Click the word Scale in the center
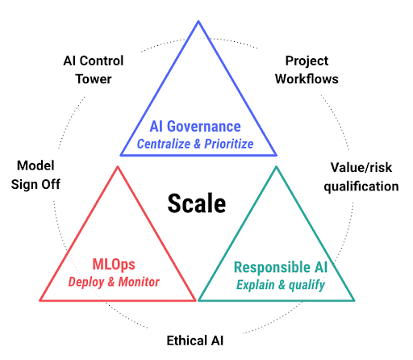tap(197, 203)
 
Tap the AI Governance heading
tap(195, 127)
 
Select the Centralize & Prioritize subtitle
tap(195, 144)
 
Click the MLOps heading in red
tap(114, 265)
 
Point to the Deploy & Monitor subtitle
tap(114, 282)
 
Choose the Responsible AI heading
tap(281, 267)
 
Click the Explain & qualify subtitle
tap(281, 285)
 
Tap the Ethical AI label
tap(195, 341)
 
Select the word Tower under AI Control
tap(94, 79)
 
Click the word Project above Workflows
tap(307, 61)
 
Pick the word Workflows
tap(307, 79)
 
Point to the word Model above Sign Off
tap(35, 165)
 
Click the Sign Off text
tap(35, 185)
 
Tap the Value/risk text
tap(361, 168)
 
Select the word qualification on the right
tap(361, 186)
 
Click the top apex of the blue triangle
tap(198, 21)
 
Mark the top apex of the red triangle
tap(118, 167)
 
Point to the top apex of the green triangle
tap(277, 167)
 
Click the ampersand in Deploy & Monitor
tap(111, 282)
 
